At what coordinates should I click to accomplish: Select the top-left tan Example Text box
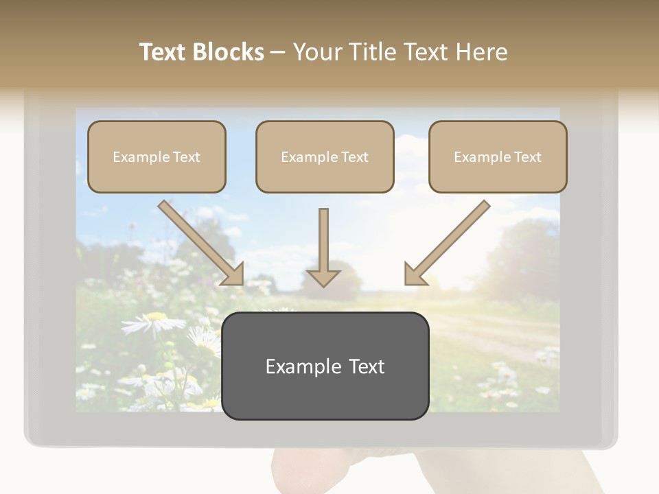coord(157,156)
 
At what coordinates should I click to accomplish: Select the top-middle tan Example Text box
coord(325,156)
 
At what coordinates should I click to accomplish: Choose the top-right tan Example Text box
coord(498,156)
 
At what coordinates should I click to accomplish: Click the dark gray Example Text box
coord(325,366)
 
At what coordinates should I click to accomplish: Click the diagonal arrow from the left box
coord(199,240)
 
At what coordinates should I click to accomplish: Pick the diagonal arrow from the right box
coord(450,240)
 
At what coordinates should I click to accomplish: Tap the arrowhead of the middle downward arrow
coord(323,278)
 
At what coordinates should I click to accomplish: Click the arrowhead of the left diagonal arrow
coord(233,274)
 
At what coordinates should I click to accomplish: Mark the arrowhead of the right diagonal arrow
coord(414,275)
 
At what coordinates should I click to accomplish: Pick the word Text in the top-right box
coord(527,156)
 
